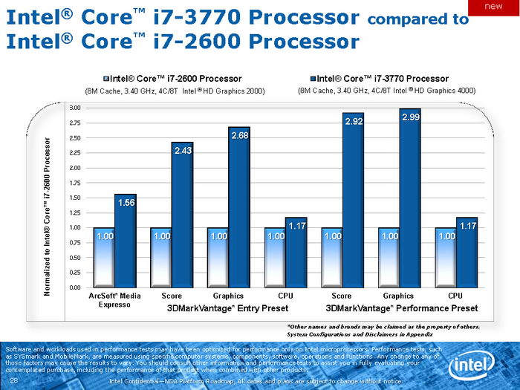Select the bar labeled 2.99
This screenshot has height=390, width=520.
(x=410, y=198)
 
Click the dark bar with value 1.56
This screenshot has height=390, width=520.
(x=125, y=241)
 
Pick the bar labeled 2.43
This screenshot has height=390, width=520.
(x=182, y=215)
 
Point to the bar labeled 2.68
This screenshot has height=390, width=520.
(x=239, y=207)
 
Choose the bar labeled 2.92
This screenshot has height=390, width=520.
(x=353, y=201)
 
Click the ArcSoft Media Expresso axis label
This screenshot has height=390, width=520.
(x=114, y=299)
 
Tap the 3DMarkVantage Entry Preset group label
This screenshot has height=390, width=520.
(x=218, y=308)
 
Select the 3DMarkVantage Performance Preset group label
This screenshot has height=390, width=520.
(x=401, y=308)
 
